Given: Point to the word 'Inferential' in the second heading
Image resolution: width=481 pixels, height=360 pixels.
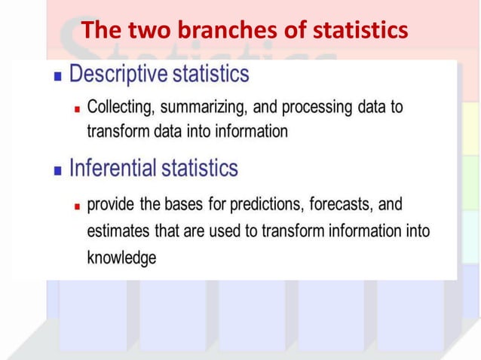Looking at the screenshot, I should [x=112, y=167].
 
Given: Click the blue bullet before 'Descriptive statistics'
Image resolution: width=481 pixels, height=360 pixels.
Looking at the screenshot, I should [x=58, y=76].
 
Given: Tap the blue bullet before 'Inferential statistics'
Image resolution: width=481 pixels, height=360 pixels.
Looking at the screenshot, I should [x=58, y=169].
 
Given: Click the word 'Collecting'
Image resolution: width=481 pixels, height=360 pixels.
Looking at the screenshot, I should [x=119, y=107].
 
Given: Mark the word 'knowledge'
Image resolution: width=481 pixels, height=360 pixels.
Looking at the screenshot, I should [x=121, y=258].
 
